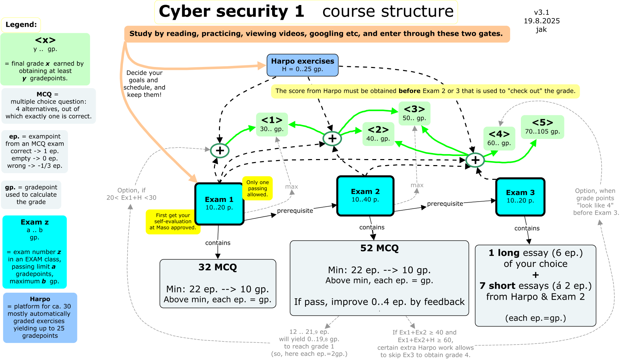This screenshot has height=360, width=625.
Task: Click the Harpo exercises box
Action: (303, 65)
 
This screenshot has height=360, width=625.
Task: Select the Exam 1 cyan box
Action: (219, 204)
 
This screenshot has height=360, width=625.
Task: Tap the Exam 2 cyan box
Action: (365, 196)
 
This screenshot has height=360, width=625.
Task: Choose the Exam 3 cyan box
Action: (520, 197)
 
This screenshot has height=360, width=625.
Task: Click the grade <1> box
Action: (272, 125)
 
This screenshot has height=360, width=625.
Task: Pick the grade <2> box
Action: (378, 134)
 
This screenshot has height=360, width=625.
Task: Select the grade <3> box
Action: (414, 114)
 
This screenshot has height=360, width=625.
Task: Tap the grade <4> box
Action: (499, 139)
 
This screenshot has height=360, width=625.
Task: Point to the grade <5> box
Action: (542, 127)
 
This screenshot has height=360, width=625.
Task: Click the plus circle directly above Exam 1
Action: (220, 150)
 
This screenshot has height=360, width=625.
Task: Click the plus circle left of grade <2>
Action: (332, 138)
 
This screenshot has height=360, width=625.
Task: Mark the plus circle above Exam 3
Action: (475, 160)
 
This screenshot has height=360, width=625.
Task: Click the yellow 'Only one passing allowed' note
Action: (257, 188)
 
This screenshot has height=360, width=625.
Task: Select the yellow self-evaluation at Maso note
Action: (173, 221)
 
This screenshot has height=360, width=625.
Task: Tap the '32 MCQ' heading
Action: (218, 267)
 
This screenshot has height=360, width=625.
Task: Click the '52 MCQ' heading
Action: (379, 248)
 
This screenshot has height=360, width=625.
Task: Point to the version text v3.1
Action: (542, 12)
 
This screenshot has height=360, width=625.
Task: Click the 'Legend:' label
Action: (21, 24)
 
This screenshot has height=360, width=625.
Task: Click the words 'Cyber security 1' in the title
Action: (231, 11)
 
